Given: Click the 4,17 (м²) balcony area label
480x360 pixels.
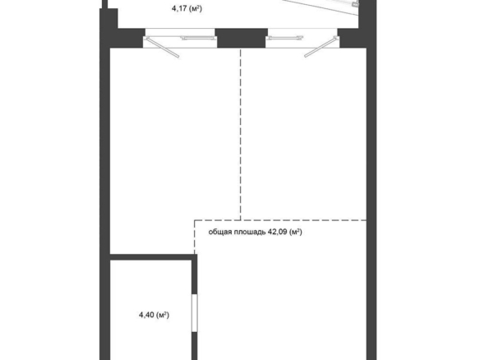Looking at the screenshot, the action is coord(187,8).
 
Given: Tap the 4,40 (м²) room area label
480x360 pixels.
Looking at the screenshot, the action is coord(154,315).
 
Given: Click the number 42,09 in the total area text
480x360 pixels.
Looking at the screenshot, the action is coord(277,232).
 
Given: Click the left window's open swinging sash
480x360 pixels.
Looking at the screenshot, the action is coord(162,47).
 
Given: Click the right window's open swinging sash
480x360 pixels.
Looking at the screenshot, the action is coord(321,47).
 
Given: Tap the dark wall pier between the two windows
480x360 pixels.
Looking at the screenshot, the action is coord(241,38).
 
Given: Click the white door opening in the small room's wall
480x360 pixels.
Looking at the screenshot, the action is coord(195,312).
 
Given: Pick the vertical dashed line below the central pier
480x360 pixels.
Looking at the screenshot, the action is coord(241,134).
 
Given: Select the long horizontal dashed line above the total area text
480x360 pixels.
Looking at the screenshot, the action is coord(280,220).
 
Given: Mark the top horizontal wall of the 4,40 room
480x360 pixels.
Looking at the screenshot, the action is coord(151,256).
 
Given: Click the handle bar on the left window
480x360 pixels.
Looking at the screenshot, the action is coord(198,38).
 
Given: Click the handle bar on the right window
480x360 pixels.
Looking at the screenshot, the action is coord(284,38).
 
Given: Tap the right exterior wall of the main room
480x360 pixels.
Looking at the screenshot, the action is coord(372,196).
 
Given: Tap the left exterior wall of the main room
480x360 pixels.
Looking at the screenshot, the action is coord(104,196).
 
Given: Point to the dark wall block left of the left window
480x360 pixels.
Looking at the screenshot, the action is coord(127,38).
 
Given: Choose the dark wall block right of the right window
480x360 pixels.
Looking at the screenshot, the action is coord(353,38).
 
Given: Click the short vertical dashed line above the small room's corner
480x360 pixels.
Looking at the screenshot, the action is coord(195,237).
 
